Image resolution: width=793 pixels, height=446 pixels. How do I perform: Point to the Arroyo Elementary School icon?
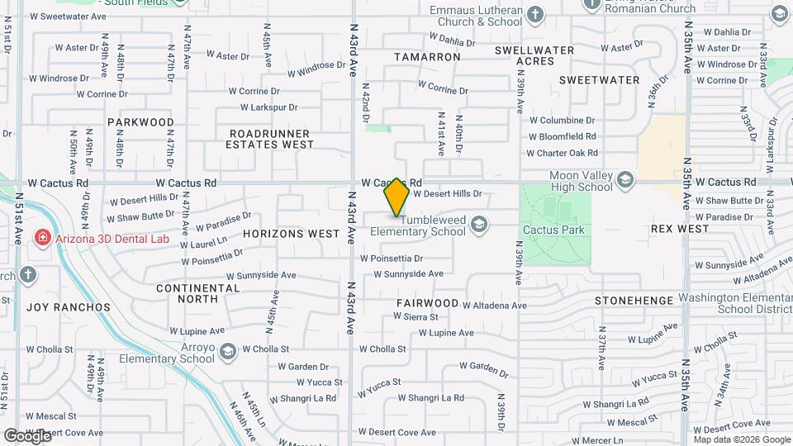point(226,353)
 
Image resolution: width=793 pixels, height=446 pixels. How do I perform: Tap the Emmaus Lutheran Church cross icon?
point(535,14)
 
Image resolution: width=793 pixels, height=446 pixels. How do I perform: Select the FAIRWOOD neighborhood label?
point(427,303)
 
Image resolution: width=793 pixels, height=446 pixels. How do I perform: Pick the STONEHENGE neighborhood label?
point(634,301)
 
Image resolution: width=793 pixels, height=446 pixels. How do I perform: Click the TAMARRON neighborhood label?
point(427,57)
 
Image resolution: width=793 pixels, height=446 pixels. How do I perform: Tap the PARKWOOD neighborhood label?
point(141,122)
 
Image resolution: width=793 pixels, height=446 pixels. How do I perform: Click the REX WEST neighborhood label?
point(680,229)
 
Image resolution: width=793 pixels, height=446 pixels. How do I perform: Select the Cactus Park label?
point(553,230)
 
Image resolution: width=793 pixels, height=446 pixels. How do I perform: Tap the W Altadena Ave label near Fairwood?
point(494,306)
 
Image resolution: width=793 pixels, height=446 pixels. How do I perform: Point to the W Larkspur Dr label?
point(268,107)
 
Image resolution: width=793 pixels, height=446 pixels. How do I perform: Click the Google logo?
point(27,435)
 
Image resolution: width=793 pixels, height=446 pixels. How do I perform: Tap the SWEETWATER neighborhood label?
point(600,80)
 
